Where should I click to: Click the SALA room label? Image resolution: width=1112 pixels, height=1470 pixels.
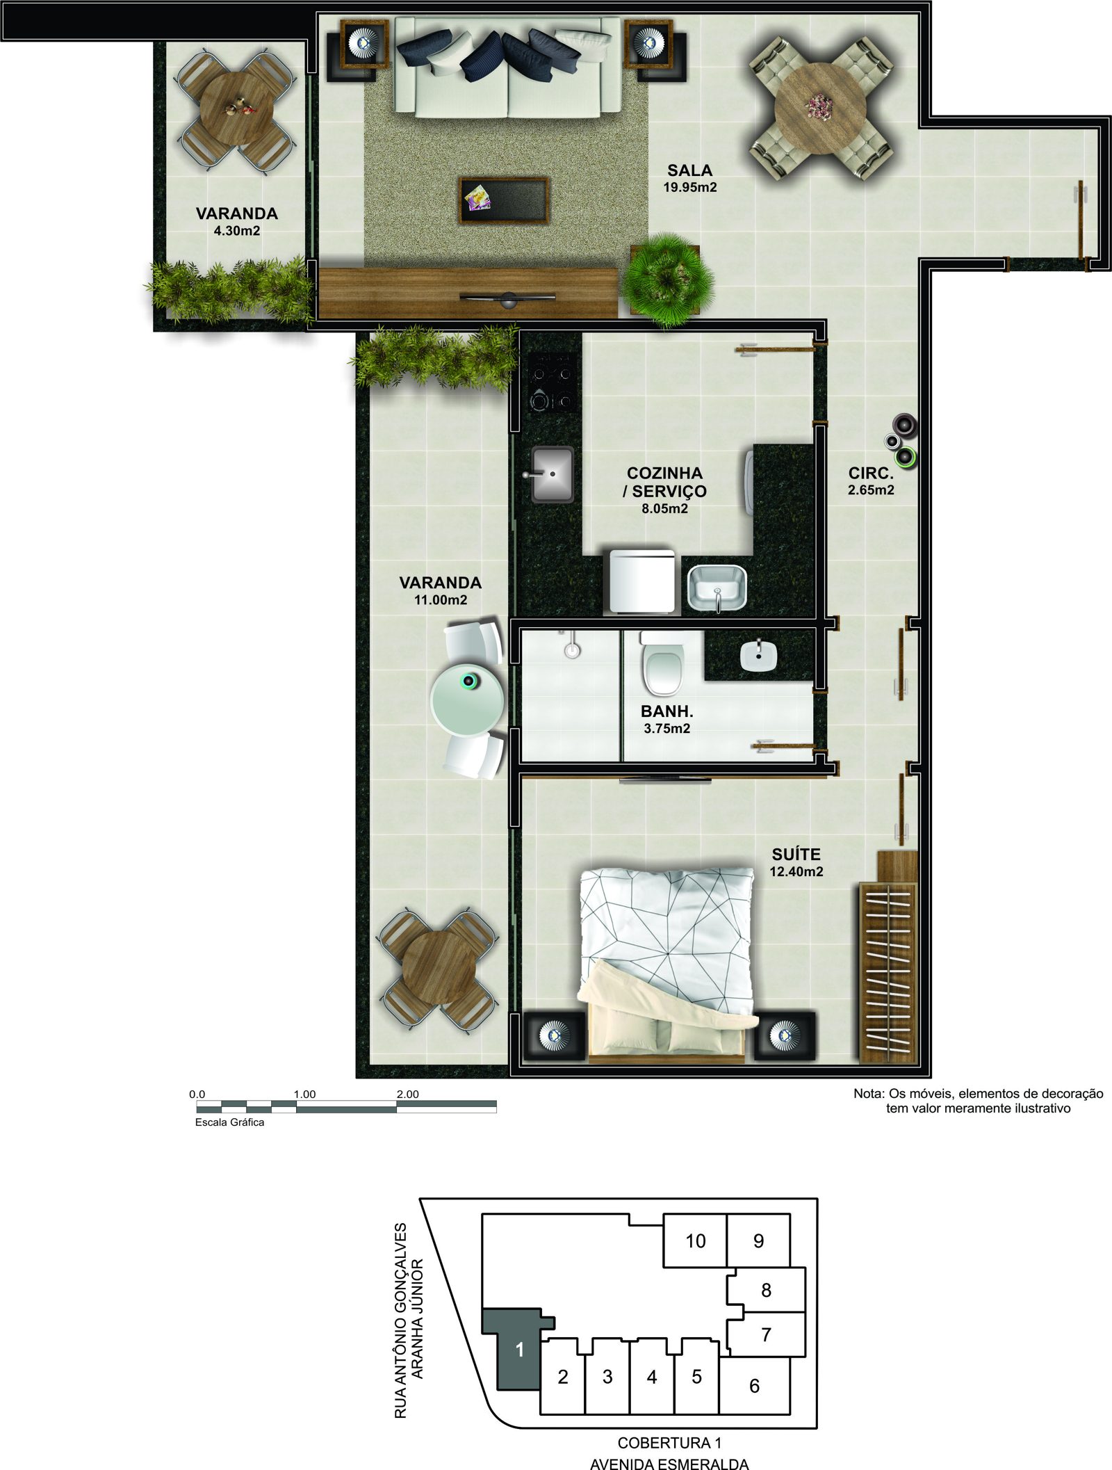click(x=689, y=170)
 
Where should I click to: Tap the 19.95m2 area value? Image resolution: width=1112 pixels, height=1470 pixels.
click(x=689, y=187)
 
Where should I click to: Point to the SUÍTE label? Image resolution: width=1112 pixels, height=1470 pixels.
click(x=796, y=855)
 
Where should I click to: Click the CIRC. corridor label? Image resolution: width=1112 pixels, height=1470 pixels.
click(x=871, y=474)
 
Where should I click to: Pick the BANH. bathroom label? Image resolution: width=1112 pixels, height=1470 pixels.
click(x=667, y=711)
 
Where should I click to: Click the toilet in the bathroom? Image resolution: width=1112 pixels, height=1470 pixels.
click(x=663, y=664)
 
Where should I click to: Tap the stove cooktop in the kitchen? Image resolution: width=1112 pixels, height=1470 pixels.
click(x=552, y=382)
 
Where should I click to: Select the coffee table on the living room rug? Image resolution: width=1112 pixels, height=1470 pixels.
click(x=504, y=200)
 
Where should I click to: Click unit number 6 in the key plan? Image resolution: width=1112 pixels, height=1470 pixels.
click(x=754, y=1386)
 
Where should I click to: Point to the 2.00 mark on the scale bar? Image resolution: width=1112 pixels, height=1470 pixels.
click(x=407, y=1094)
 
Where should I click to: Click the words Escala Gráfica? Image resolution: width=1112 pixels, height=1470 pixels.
click(x=229, y=1122)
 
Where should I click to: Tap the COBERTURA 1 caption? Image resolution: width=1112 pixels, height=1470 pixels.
click(x=669, y=1443)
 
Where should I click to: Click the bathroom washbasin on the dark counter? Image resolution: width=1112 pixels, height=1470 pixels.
click(x=758, y=656)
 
